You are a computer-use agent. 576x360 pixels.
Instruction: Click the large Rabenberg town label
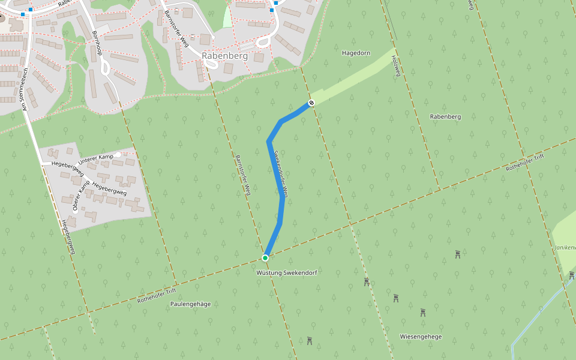(225, 56)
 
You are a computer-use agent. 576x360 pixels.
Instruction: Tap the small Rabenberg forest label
(445, 116)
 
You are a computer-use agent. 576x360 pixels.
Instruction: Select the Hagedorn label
(356, 53)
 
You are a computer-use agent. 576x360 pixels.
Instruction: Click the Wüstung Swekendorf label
(286, 273)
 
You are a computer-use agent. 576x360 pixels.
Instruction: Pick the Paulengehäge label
(190, 304)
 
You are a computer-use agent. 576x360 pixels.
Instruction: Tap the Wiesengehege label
(421, 337)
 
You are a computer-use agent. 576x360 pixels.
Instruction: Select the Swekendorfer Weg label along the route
(280, 173)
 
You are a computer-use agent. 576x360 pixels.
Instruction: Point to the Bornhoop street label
(96, 44)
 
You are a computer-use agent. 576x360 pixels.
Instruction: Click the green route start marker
(265, 258)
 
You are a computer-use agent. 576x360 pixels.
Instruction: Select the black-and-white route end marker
(311, 103)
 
